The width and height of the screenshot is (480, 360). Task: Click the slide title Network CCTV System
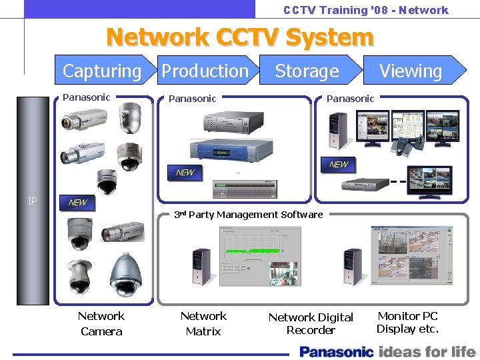240,37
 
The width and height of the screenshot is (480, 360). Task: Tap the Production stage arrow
205,71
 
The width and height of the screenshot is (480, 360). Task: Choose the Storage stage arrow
307,71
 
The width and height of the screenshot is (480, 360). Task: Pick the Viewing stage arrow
411,71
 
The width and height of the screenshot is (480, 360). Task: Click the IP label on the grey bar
33,200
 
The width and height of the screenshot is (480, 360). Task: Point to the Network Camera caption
101,323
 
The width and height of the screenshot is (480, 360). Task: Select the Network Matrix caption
203,323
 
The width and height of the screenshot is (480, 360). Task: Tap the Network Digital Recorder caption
311,323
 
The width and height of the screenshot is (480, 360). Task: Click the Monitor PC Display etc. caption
407,322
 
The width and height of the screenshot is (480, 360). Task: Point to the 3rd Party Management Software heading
248,215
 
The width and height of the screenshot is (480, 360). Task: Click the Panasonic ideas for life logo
387,351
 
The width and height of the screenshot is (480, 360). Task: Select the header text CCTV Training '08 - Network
365,10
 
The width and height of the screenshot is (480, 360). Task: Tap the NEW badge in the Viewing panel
339,165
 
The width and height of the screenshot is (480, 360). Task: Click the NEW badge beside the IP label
78,202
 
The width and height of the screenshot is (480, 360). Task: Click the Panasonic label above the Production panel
192,99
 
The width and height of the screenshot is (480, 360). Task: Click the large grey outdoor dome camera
125,275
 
